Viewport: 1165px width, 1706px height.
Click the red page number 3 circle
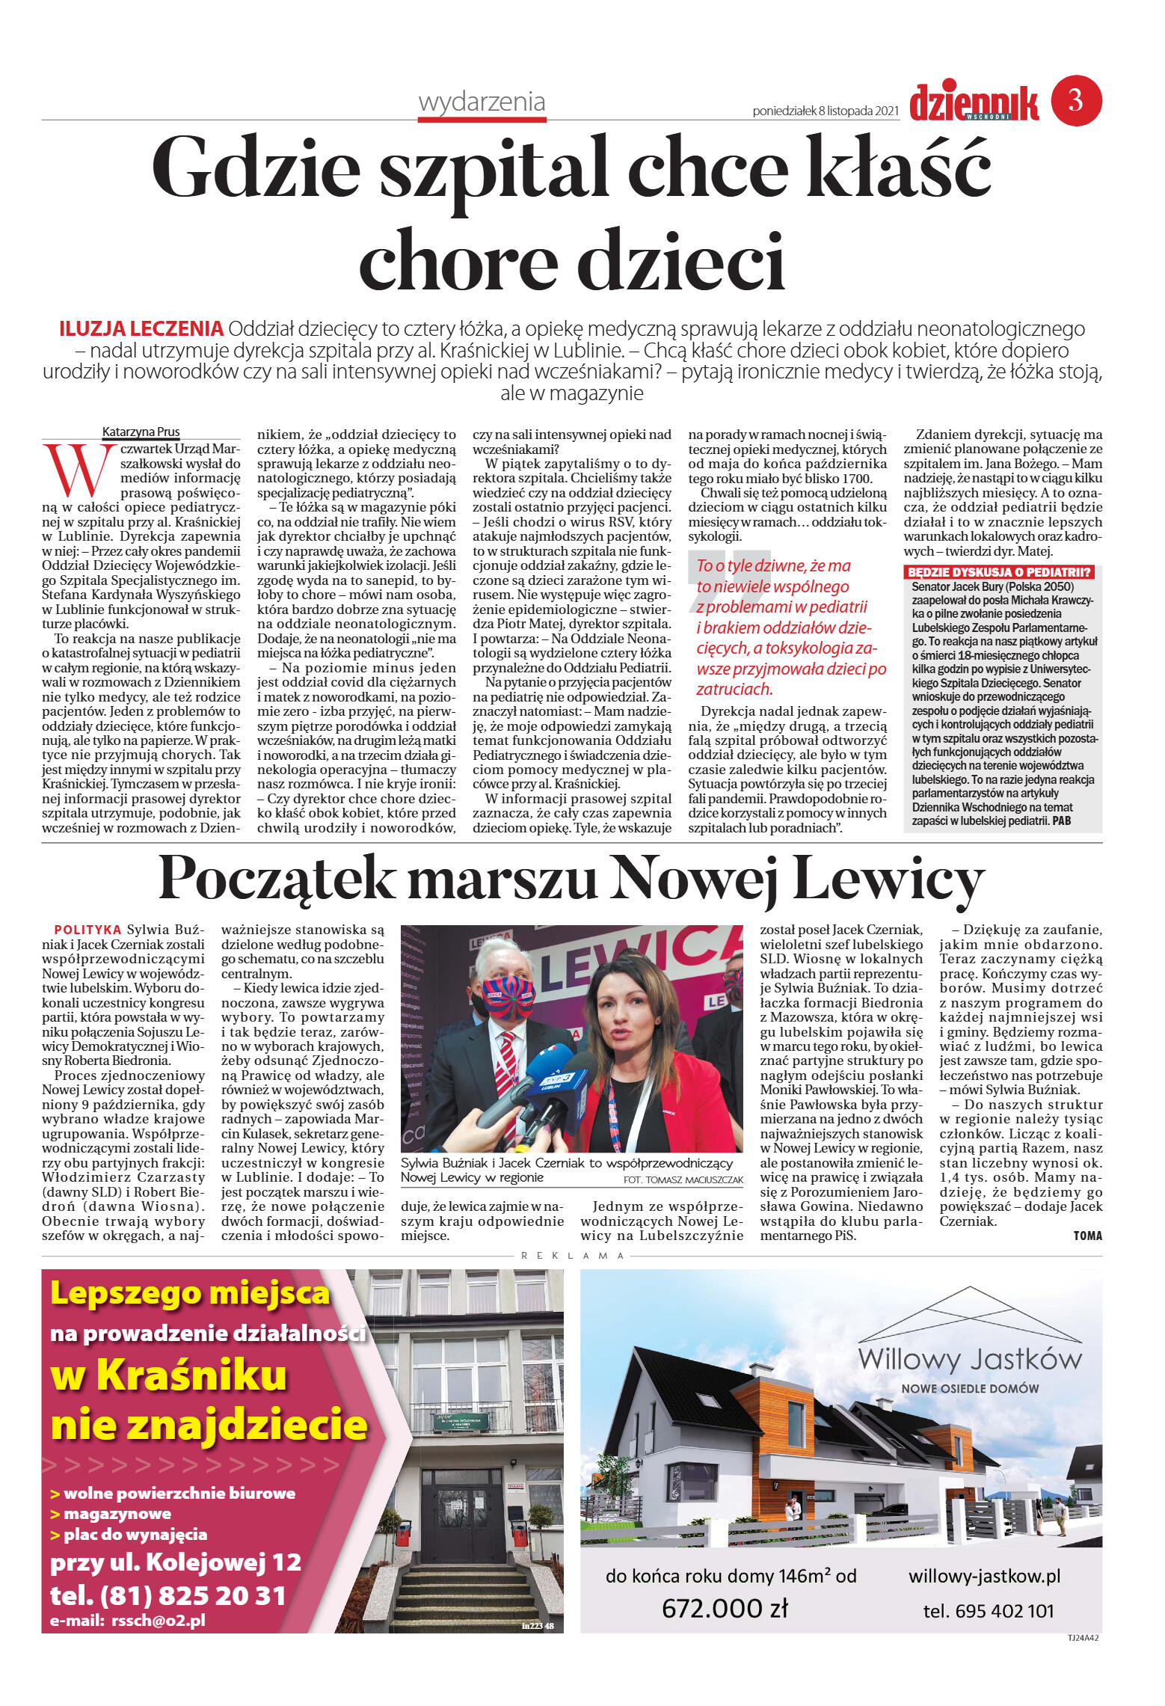1076,100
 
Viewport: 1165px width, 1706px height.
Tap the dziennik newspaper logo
974,102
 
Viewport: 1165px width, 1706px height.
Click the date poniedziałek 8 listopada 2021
825,111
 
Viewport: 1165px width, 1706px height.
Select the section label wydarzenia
482,102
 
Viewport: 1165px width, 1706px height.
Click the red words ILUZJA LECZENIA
141,328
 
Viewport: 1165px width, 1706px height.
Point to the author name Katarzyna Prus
141,432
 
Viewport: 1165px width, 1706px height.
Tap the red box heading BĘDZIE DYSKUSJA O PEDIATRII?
999,572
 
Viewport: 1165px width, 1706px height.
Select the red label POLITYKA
87,930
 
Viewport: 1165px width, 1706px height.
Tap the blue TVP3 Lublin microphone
554,1085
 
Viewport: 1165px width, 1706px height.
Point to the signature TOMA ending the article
1087,1236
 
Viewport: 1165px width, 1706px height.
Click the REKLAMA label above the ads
572,1256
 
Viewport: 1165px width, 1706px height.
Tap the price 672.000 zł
725,1607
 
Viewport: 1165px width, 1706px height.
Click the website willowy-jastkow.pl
984,1576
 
